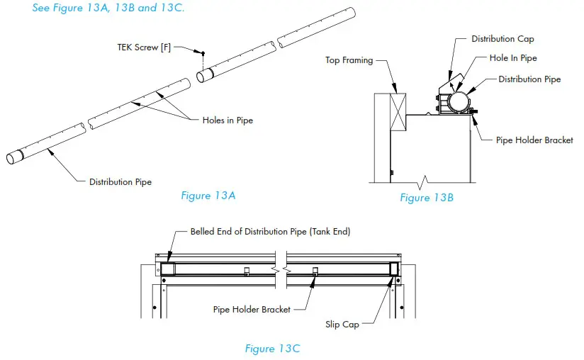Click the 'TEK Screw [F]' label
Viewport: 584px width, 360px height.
coord(144,47)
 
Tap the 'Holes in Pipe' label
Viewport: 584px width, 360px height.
coord(223,120)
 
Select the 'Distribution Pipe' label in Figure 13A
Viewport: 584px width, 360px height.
coord(120,181)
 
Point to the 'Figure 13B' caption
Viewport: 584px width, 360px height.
coord(427,198)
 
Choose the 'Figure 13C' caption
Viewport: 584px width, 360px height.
coord(272,348)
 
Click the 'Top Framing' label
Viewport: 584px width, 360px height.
coord(349,60)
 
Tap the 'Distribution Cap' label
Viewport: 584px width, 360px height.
coord(502,39)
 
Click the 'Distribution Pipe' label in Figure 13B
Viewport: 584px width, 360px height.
coord(529,79)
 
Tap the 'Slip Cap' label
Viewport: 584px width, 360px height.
coord(342,325)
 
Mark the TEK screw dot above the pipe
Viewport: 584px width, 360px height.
coord(203,54)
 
